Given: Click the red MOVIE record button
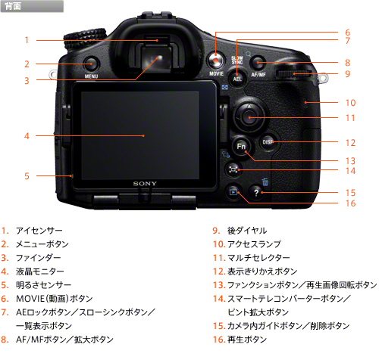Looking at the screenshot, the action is click(x=215, y=60).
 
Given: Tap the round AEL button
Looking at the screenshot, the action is click(x=237, y=78).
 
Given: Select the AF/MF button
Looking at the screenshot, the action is click(x=258, y=63).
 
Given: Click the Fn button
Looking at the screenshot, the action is click(x=241, y=147).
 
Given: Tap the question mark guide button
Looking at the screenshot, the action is click(x=256, y=193).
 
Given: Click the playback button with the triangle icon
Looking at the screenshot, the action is click(x=233, y=192).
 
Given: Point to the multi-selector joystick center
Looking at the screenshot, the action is click(x=249, y=117).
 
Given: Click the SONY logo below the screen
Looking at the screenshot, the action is click(x=145, y=184).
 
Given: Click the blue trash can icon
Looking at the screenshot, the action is click(x=265, y=181).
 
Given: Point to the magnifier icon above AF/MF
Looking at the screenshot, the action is click(x=249, y=54).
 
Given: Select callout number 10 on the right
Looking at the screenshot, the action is click(x=350, y=103).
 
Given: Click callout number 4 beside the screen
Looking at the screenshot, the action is click(x=27, y=136).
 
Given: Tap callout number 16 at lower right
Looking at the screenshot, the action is click(x=350, y=203).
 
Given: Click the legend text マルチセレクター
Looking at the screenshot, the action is click(x=258, y=258).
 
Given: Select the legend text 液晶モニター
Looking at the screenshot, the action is click(x=40, y=271).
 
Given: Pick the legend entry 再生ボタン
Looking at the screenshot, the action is click(x=247, y=340).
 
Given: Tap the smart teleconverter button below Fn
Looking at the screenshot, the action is click(x=233, y=169).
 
